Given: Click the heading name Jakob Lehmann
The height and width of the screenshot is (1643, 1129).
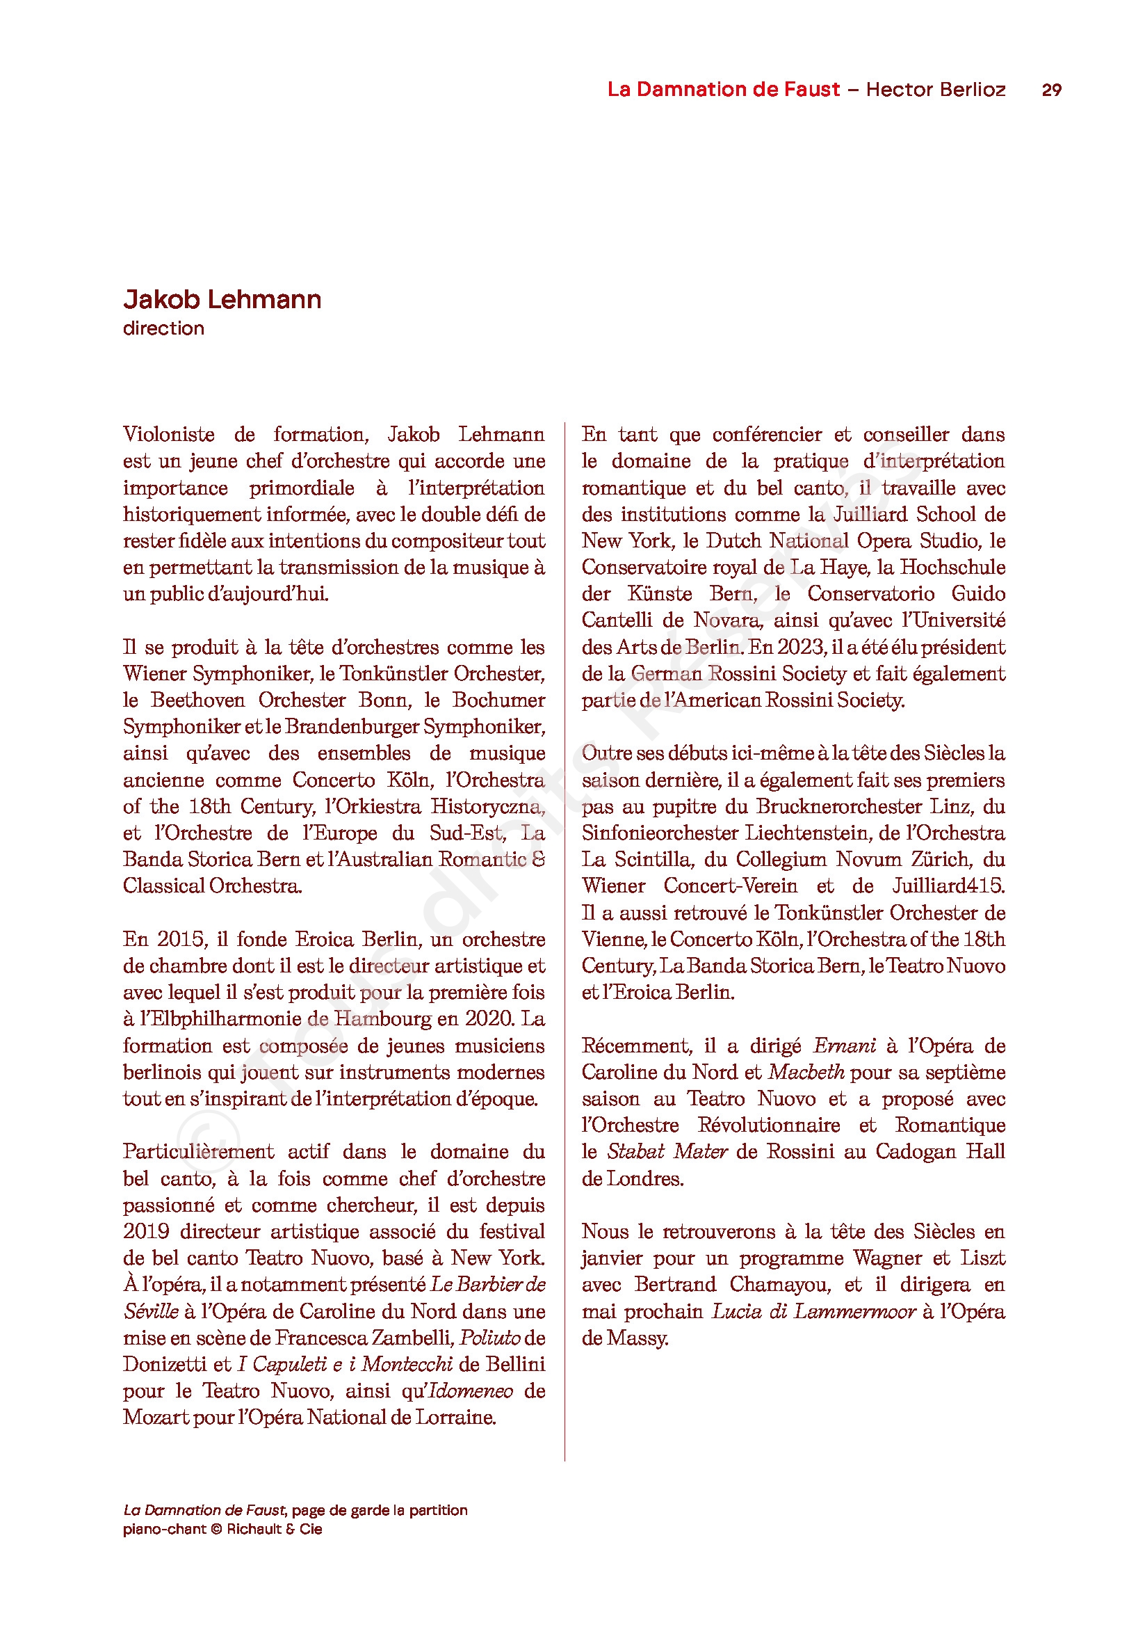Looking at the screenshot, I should point(222,299).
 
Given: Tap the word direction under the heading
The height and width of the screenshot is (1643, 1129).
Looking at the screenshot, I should point(163,328).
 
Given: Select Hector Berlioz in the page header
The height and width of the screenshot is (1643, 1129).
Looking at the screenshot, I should point(935,90).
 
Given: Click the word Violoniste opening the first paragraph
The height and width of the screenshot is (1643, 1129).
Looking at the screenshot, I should point(169,434).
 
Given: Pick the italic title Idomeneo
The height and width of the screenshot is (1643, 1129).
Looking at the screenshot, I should point(471,1390).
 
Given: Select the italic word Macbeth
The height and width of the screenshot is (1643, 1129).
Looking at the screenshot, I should point(806,1072).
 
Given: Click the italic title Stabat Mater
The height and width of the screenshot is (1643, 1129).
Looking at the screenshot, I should point(667,1151).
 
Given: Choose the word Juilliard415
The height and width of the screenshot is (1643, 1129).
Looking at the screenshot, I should point(948,886).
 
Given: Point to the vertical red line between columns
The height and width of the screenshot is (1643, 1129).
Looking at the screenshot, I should point(564,920).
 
